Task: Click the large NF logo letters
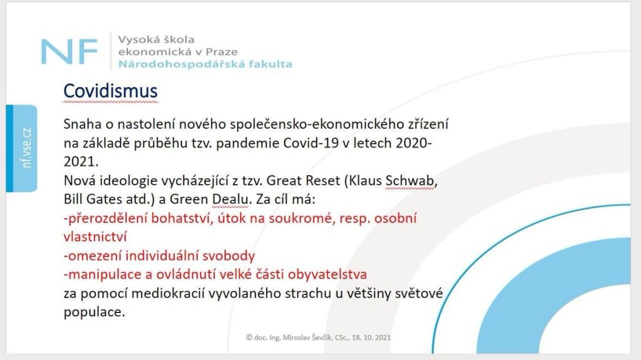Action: click(69, 51)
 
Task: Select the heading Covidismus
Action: click(110, 91)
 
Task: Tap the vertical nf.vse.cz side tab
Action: click(22, 148)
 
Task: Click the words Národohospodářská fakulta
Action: click(205, 64)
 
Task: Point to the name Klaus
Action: click(366, 180)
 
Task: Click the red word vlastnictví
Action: click(95, 237)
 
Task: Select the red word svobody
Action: click(228, 255)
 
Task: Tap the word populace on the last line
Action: click(94, 312)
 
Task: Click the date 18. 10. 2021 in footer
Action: click(371, 337)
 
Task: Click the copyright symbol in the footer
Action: click(249, 337)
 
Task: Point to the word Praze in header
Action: click(221, 52)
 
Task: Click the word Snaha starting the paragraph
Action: click(82, 124)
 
